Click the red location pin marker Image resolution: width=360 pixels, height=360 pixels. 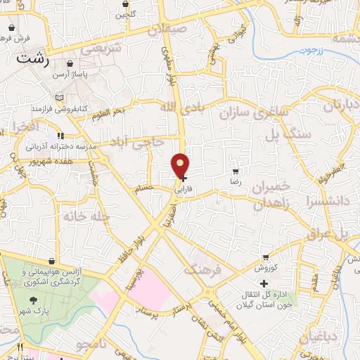181,167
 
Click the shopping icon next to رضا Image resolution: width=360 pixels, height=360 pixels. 236,171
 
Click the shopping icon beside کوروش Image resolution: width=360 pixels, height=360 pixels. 266,257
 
